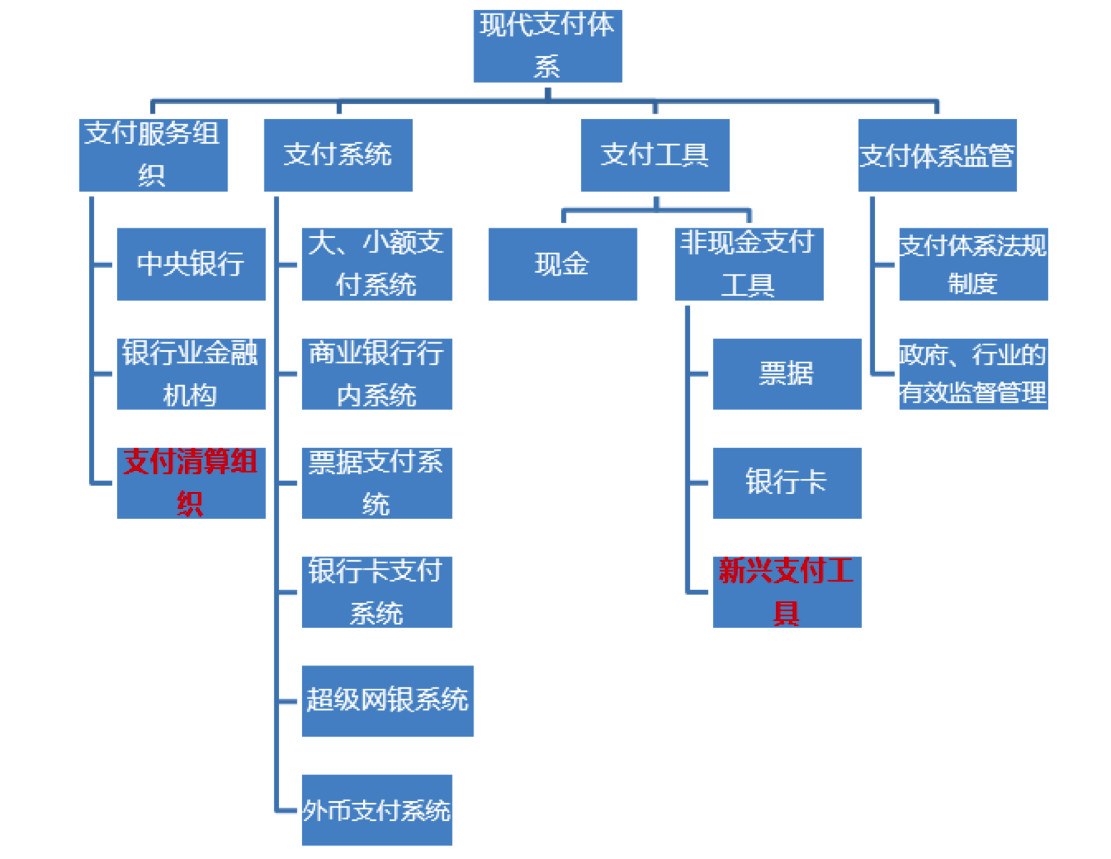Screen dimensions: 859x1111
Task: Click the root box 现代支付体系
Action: pos(547,46)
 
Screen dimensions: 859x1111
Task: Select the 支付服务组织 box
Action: pos(153,155)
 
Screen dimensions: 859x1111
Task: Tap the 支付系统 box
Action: pos(338,155)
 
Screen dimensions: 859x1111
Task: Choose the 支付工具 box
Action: pos(655,155)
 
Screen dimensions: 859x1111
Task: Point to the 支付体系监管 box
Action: pos(937,155)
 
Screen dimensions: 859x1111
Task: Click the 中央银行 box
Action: pos(191,264)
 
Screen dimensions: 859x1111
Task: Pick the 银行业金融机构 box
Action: pos(191,373)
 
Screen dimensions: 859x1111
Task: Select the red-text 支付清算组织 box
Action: pos(191,483)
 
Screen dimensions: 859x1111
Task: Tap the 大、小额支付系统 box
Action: pos(377,264)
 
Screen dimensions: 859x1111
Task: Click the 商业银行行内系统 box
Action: pos(377,373)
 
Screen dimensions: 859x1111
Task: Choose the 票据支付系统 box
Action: pos(377,483)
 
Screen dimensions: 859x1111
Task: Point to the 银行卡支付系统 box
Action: pos(377,592)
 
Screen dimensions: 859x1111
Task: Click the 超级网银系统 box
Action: pos(387,700)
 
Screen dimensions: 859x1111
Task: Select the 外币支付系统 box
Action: pos(377,809)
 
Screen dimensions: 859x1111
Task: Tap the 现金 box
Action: pos(562,264)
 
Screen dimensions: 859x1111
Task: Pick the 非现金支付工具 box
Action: pos(749,264)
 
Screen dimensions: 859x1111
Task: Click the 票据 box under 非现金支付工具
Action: pos(786,373)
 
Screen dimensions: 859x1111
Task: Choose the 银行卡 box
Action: pos(786,483)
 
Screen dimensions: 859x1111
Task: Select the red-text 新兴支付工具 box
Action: pos(786,592)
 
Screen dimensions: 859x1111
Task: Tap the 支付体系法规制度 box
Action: pos(973,264)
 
